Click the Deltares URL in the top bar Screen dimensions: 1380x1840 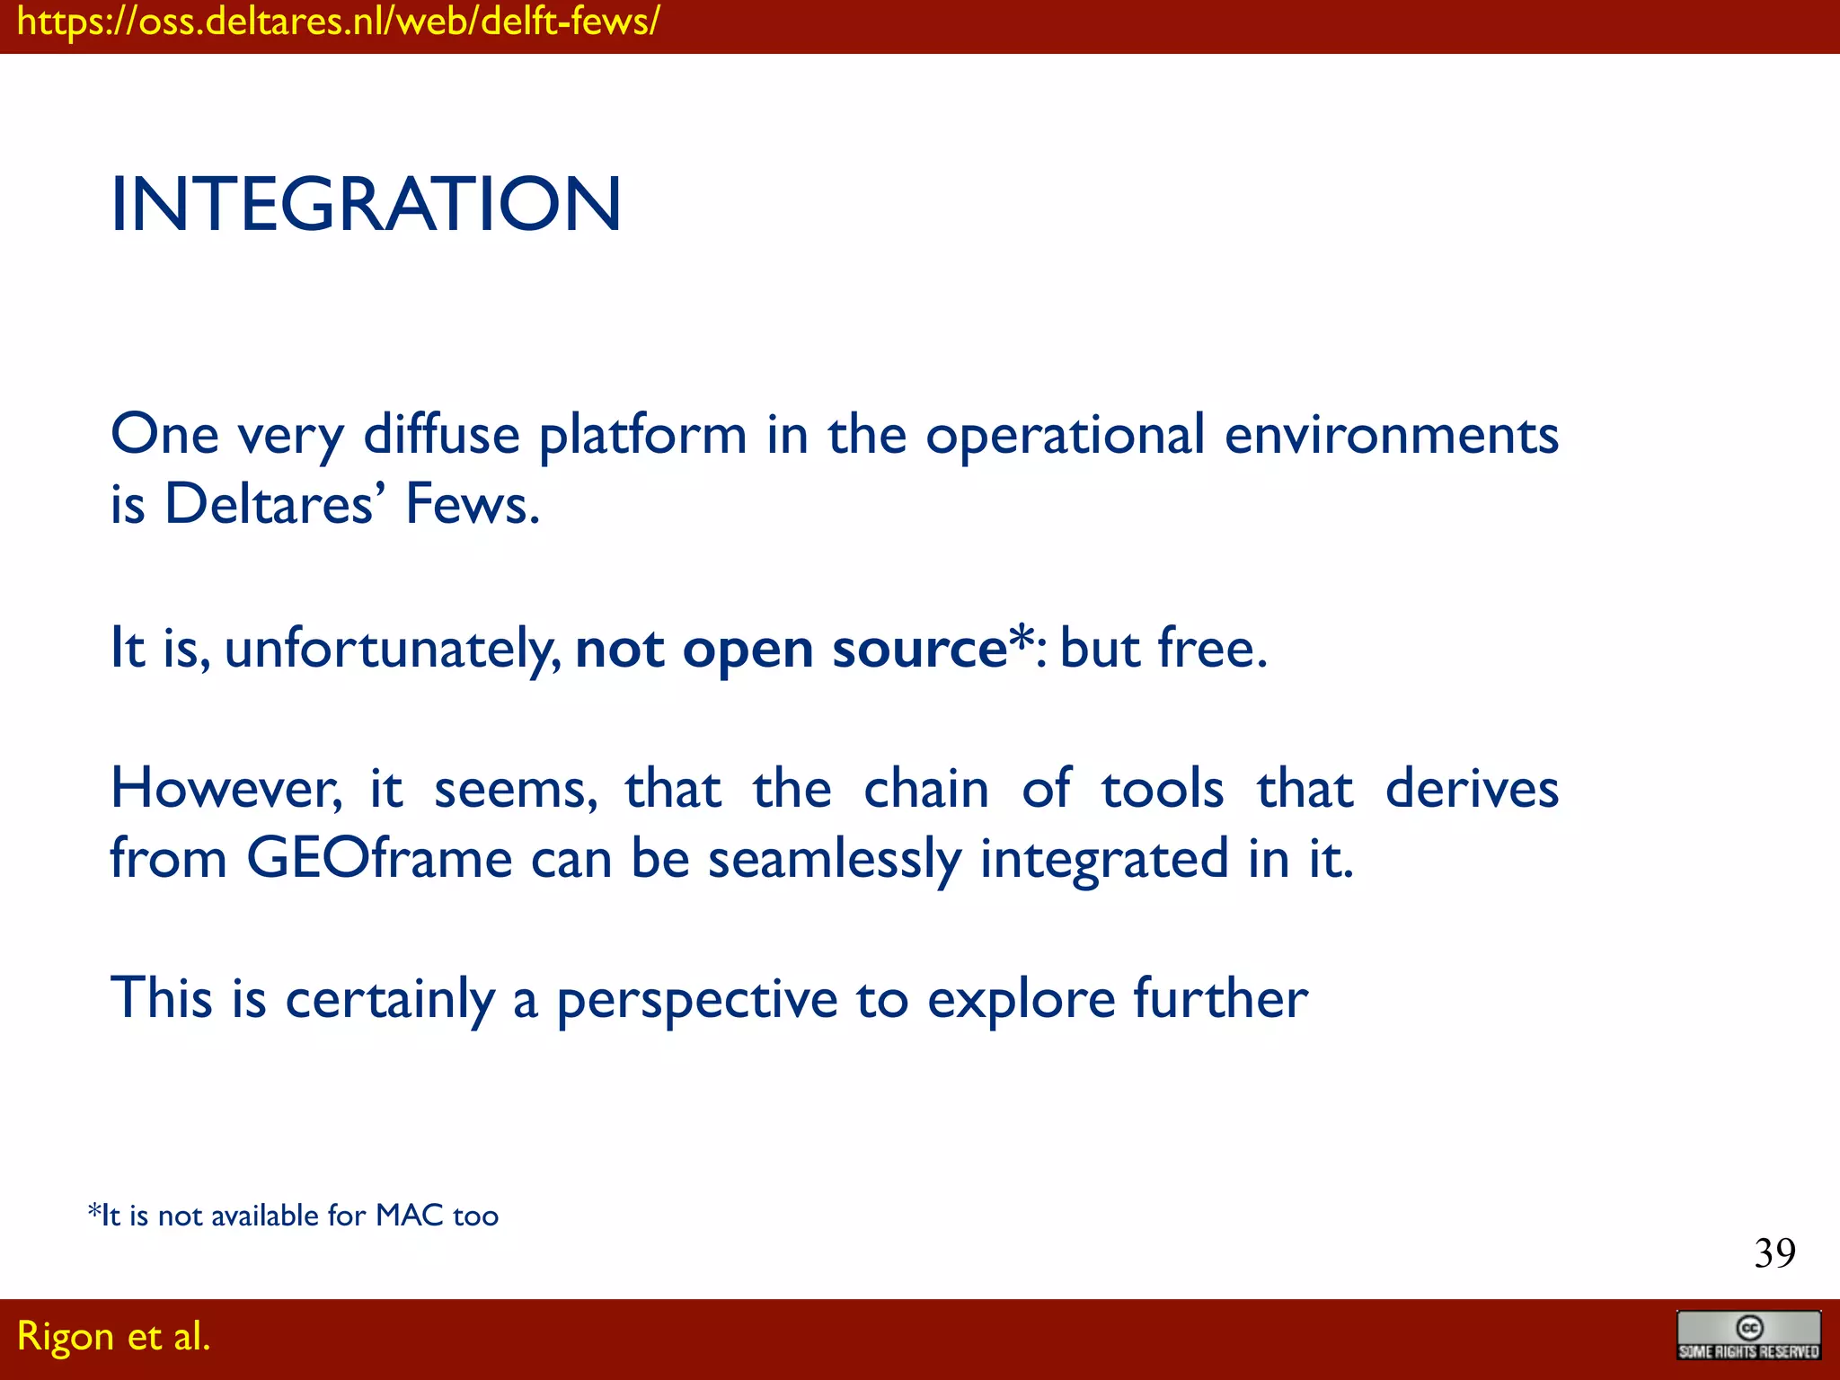pyautogui.click(x=338, y=22)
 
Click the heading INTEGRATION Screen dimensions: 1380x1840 pyautogui.click(x=365, y=205)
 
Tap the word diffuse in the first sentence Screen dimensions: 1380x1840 pyautogui.click(x=441, y=435)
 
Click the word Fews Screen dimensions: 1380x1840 pyautogui.click(x=472, y=504)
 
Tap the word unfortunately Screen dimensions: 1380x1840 pyautogui.click(x=393, y=649)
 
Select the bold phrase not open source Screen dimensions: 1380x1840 pyautogui.click(x=791, y=649)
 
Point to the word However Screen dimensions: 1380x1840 pyautogui.click(x=226, y=789)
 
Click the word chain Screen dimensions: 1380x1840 pyautogui.click(x=925, y=789)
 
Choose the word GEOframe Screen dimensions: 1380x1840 pyautogui.click(x=378, y=858)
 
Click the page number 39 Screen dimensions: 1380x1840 pyautogui.click(x=1774, y=1253)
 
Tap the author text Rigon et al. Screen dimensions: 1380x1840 pyautogui.click(x=113, y=1336)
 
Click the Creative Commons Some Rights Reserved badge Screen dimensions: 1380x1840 pyautogui.click(x=1748, y=1335)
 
